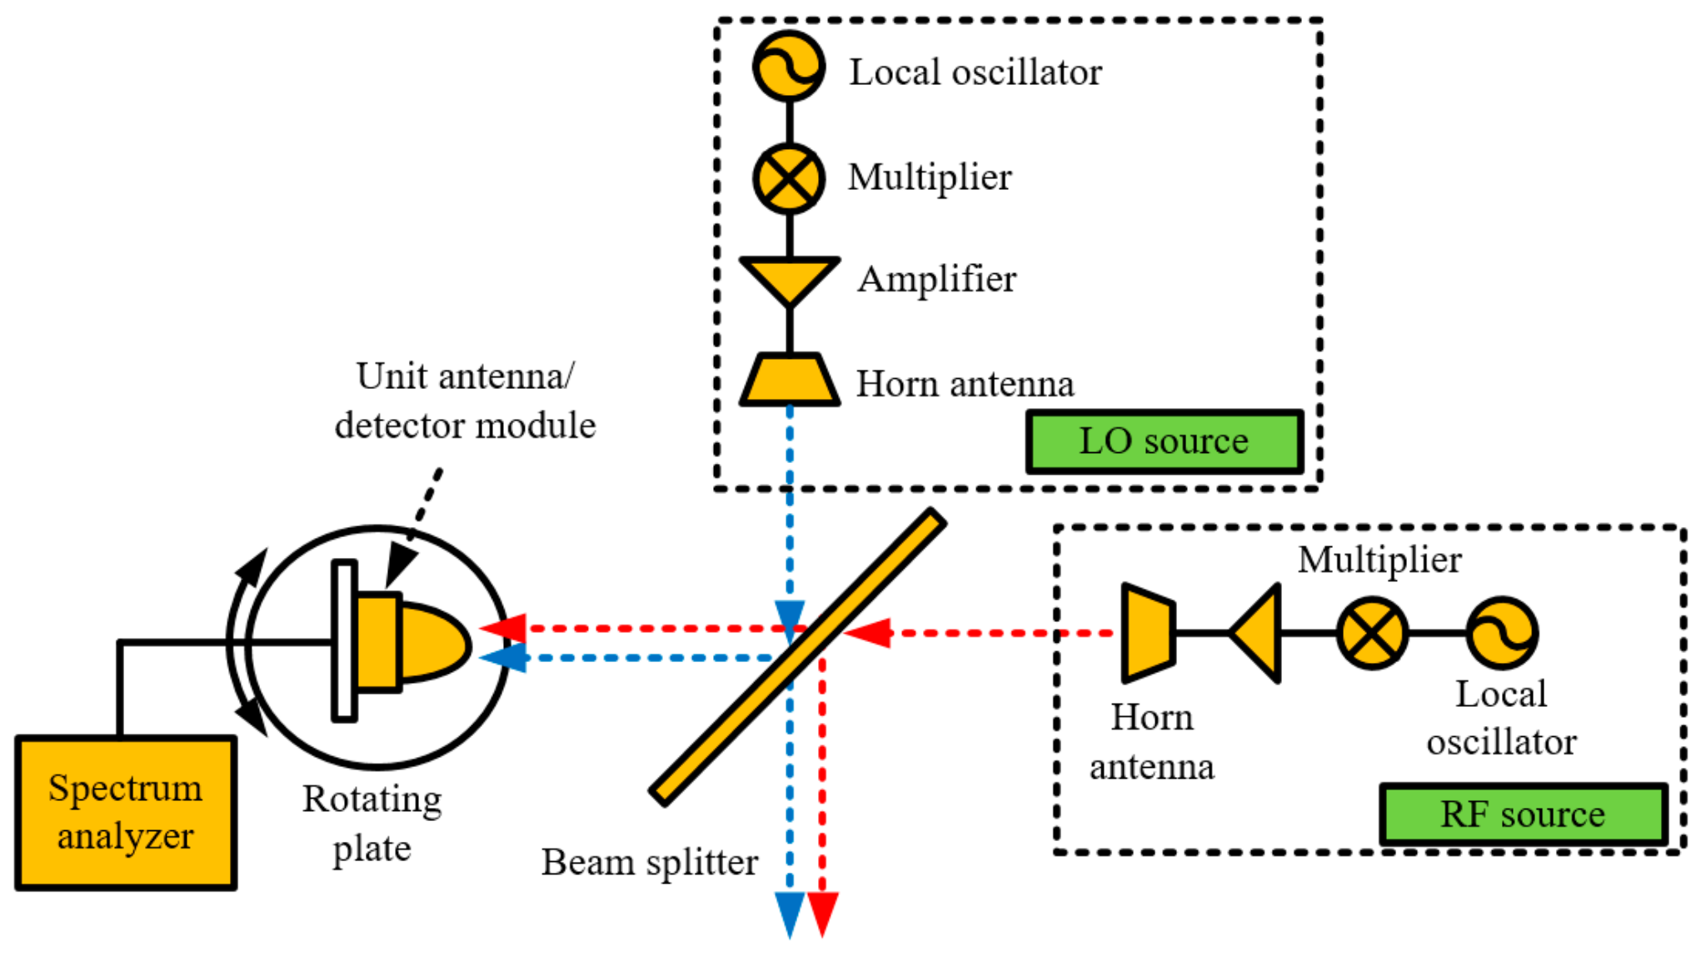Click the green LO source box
click(x=1164, y=441)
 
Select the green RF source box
click(x=1523, y=814)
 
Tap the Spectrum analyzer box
click(x=125, y=813)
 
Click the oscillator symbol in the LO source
click(x=789, y=67)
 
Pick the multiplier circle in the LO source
click(x=789, y=178)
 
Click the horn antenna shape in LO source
click(x=789, y=381)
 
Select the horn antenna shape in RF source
click(x=1148, y=633)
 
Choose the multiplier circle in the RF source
click(x=1372, y=633)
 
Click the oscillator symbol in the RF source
click(x=1502, y=633)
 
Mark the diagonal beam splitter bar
click(x=798, y=657)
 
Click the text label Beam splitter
click(x=649, y=863)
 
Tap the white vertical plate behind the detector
click(x=344, y=640)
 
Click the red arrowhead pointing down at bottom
click(x=823, y=913)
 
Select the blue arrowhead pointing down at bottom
click(x=789, y=913)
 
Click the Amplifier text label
click(x=936, y=279)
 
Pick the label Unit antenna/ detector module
click(x=465, y=401)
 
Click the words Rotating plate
click(x=372, y=824)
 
